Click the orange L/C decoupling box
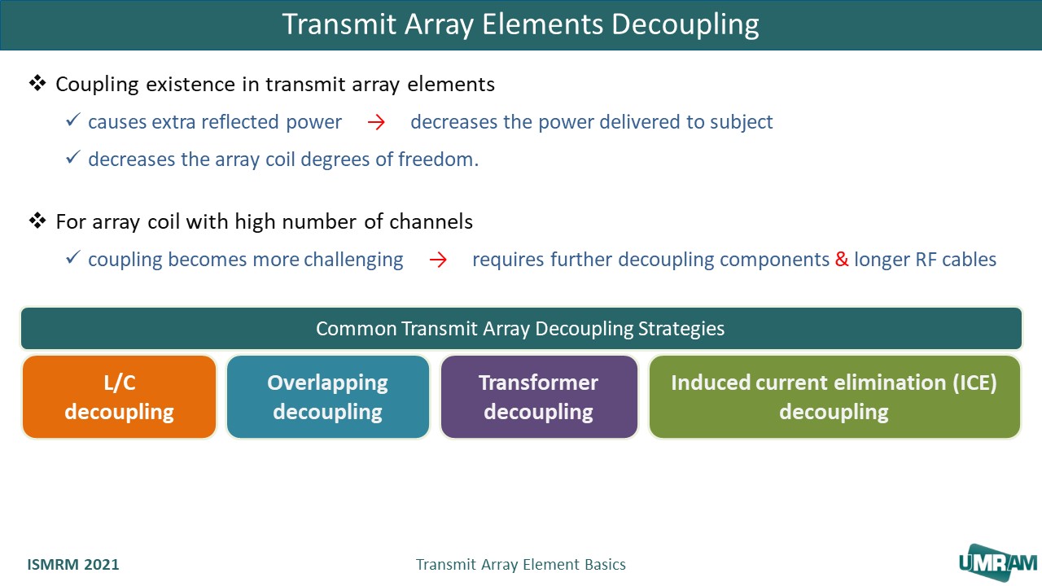pos(120,397)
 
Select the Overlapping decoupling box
pos(327,397)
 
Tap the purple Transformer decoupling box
pos(538,397)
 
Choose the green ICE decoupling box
pos(834,397)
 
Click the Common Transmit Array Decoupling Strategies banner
pos(520,329)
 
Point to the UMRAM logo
pos(997,561)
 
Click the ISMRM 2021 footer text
pos(73,564)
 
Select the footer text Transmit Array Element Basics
pos(520,564)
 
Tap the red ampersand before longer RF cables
pos(842,260)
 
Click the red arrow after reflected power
pos(375,123)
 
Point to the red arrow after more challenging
pos(438,260)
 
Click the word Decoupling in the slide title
pos(685,24)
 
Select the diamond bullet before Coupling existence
pos(37,83)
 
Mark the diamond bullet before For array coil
pos(37,221)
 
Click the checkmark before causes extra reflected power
pos(72,121)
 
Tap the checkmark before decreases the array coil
pos(72,158)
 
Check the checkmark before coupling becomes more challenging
pos(72,259)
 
